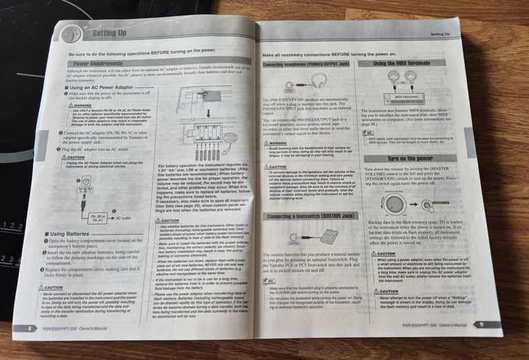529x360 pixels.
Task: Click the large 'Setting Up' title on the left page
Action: (x=110, y=33)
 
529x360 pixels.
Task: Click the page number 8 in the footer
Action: (x=30, y=328)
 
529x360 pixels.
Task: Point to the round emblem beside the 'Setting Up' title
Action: (x=71, y=34)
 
